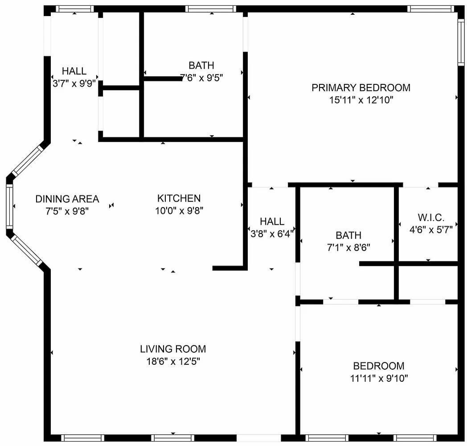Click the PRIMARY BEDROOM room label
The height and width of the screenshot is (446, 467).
tap(361, 88)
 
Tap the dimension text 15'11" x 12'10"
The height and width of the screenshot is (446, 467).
tap(361, 100)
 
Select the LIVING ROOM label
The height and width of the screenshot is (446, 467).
tap(173, 349)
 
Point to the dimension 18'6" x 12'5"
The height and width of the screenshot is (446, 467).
tap(173, 361)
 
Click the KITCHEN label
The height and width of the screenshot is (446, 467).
tap(179, 198)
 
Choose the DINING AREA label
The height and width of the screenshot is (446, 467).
tap(67, 199)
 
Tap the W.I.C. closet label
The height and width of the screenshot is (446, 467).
tap(431, 218)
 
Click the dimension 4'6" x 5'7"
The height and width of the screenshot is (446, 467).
tap(431, 230)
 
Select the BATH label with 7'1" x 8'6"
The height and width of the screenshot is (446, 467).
tap(348, 235)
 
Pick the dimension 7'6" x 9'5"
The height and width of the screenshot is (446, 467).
tap(201, 78)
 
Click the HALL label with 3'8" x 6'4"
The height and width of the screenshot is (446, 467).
tap(272, 222)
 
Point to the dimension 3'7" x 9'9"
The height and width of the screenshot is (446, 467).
tap(74, 83)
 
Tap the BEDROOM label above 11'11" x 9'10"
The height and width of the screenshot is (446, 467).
tap(379, 366)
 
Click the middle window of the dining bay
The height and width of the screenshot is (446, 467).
tap(9, 206)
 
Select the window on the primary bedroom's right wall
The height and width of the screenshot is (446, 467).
tap(461, 42)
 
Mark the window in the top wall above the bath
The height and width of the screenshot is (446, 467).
tap(211, 9)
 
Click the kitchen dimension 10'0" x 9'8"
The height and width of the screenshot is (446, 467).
tap(179, 211)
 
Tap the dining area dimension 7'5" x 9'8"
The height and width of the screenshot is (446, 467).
tap(67, 211)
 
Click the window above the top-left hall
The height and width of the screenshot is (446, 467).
tap(75, 9)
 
